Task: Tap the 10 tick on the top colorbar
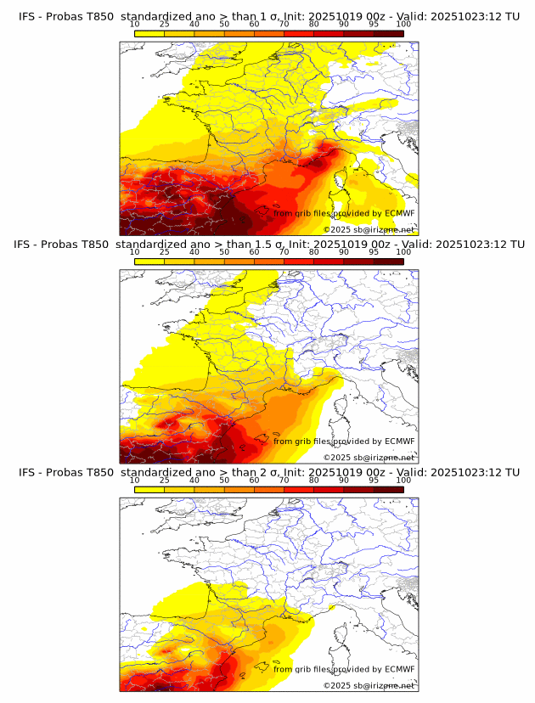click(x=135, y=25)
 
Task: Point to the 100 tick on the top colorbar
click(x=403, y=25)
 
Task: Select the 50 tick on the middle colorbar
click(x=224, y=252)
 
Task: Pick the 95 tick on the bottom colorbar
click(x=374, y=480)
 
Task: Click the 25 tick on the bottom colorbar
click(x=165, y=480)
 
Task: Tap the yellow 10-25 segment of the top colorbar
click(x=149, y=33)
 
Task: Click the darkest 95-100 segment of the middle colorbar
click(x=389, y=261)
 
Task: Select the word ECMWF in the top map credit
click(x=399, y=214)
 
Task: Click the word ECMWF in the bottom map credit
click(x=399, y=669)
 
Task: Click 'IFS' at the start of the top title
click(x=26, y=16)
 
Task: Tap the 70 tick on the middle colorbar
click(x=284, y=252)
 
